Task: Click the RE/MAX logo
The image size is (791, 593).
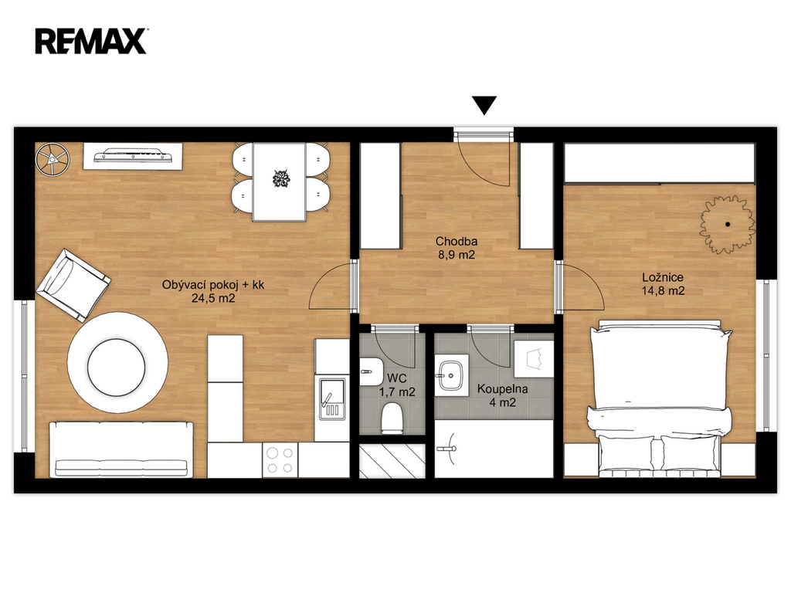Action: pos(91,42)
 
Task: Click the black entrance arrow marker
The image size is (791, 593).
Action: pos(484,105)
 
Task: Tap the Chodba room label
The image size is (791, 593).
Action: pos(457,241)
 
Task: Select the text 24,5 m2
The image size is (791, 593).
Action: pos(213,298)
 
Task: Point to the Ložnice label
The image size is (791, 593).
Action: pos(663,277)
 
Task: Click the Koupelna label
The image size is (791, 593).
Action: pos(502,389)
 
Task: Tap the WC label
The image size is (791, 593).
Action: pos(397,378)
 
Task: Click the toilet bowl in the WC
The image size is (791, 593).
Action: pos(392,418)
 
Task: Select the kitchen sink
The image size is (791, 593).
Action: pos(332,398)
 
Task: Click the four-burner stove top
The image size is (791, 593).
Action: pos(280,460)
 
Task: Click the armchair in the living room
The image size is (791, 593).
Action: pos(73,285)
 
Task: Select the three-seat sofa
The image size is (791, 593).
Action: pos(121,450)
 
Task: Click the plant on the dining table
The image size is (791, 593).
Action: pos(280,178)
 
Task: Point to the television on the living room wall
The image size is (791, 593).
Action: pos(133,156)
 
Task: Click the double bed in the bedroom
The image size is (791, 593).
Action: pos(660,398)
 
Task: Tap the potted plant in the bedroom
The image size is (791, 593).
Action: pos(727,224)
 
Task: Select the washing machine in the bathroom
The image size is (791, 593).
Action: pos(534,358)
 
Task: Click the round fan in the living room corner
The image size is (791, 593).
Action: pos(53,159)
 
